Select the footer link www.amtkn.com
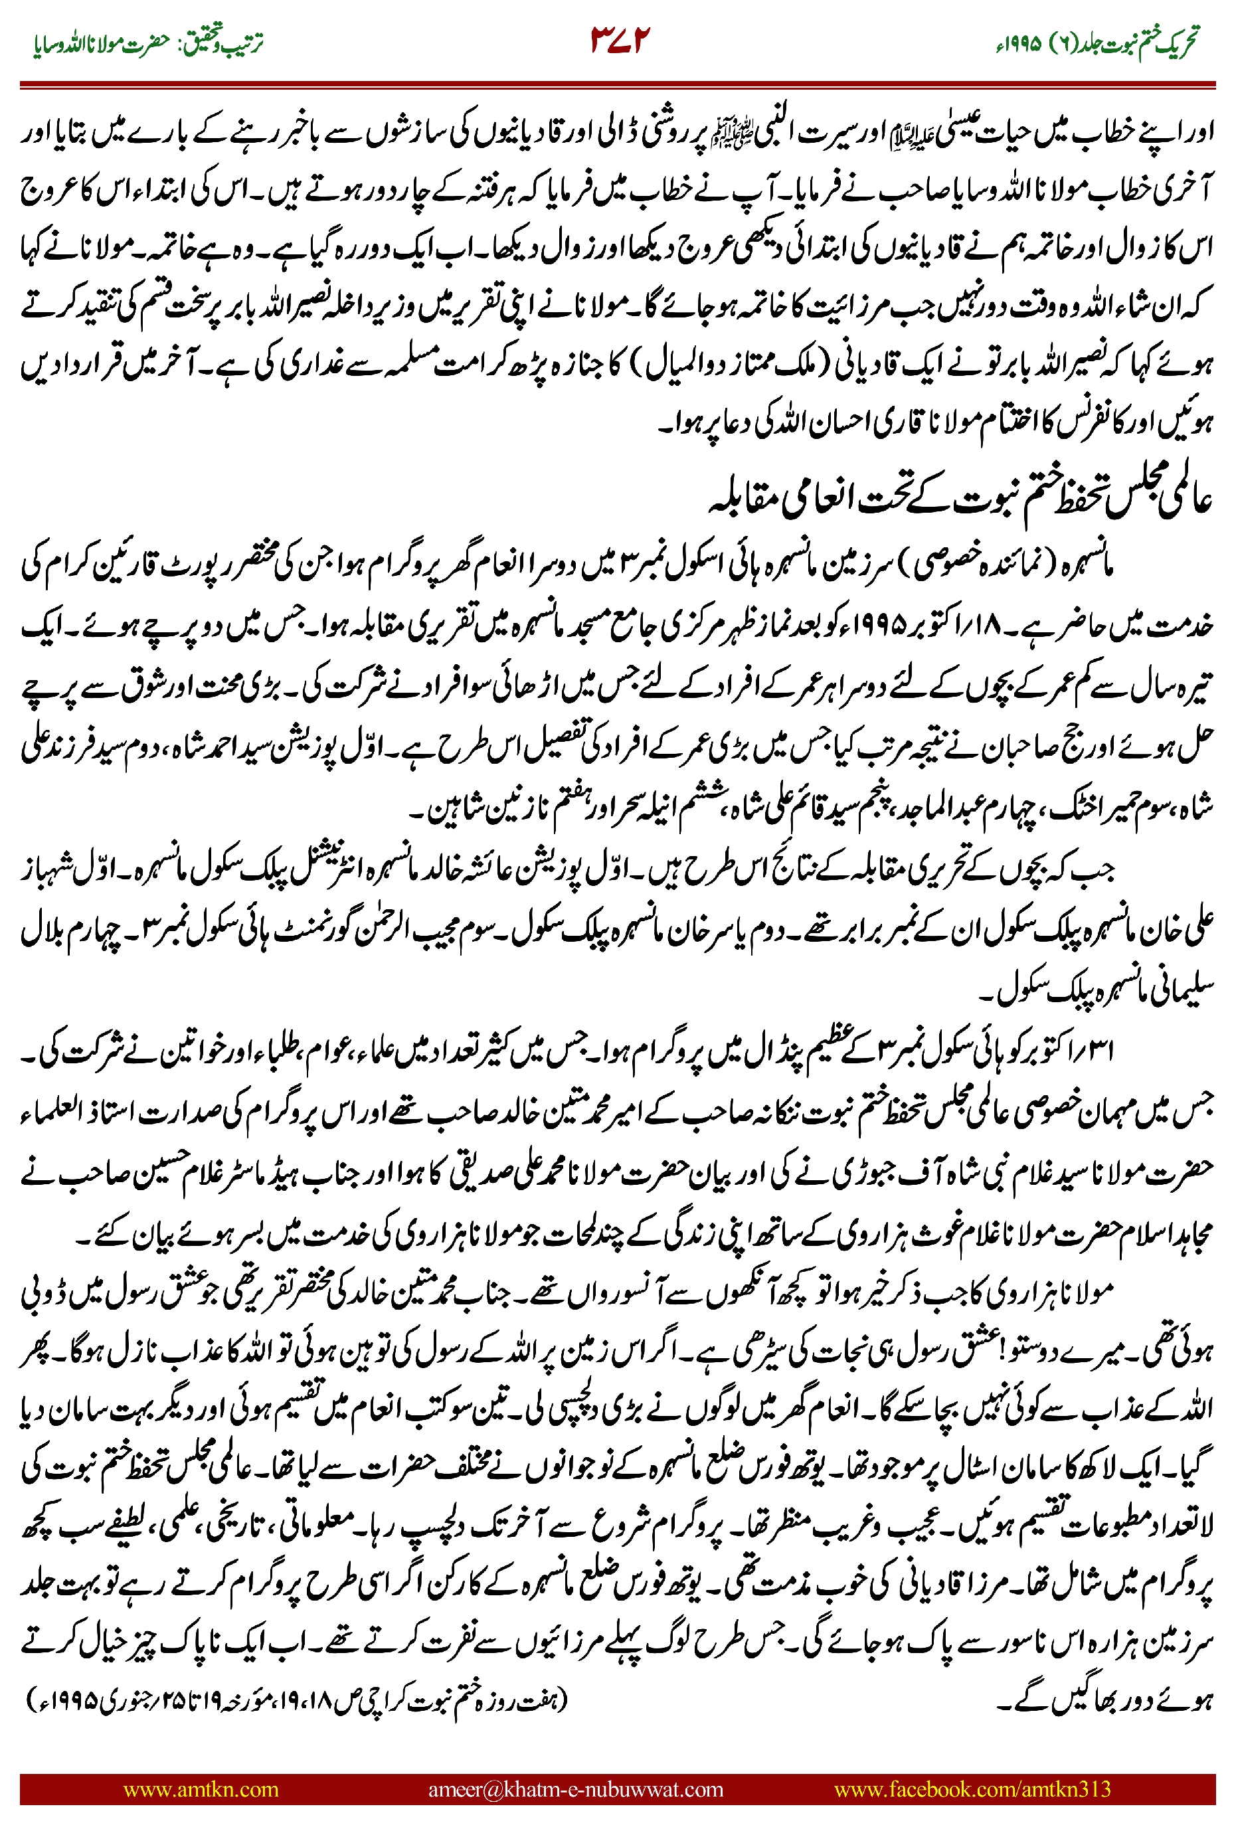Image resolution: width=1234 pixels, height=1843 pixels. (x=201, y=1789)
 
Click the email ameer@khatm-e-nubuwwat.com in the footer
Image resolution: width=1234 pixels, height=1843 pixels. (x=575, y=1789)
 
